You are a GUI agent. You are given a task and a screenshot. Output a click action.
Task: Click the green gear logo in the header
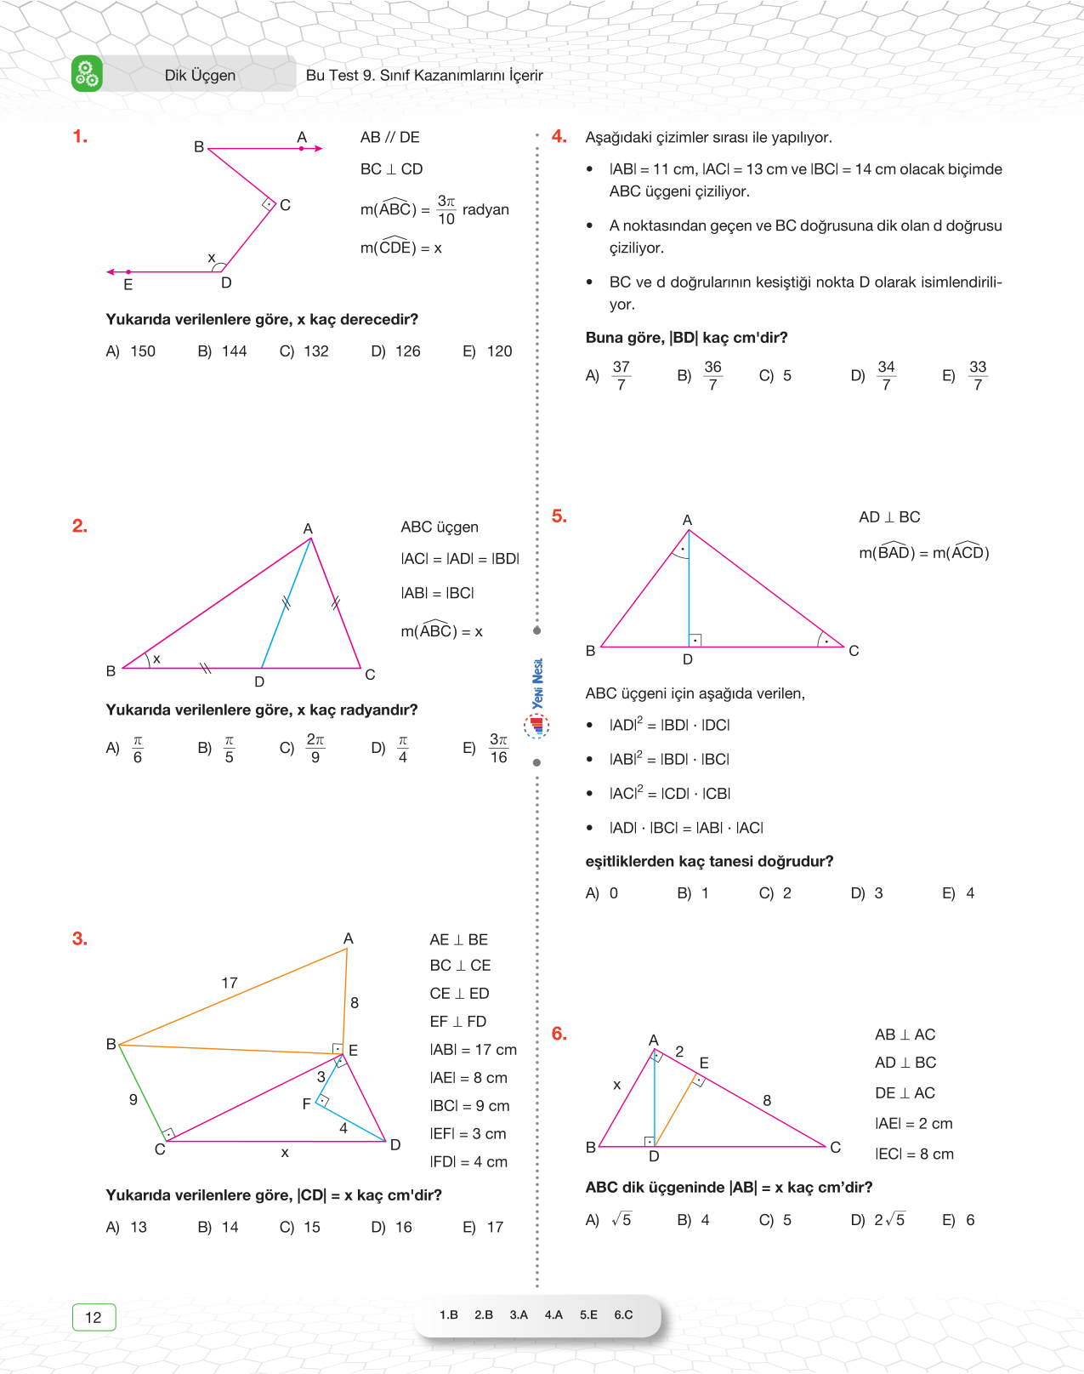[87, 74]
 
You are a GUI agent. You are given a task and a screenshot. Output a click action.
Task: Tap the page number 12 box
[94, 1317]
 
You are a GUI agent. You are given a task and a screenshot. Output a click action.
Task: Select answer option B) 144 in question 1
[223, 351]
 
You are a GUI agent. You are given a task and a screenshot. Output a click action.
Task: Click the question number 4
[559, 136]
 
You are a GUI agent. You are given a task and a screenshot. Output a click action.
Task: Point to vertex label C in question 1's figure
[286, 205]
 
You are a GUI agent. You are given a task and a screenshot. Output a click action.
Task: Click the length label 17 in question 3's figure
[230, 983]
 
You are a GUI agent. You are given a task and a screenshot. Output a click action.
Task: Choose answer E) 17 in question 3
[484, 1227]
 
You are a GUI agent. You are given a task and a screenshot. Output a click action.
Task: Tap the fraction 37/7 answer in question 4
[621, 375]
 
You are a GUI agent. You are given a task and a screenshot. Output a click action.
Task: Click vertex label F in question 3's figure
[307, 1103]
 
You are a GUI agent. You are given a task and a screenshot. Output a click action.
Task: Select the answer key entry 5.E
[588, 1314]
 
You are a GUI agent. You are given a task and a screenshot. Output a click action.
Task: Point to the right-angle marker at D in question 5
[695, 640]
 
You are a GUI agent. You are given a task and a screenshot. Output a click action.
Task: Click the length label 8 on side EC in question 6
[767, 1100]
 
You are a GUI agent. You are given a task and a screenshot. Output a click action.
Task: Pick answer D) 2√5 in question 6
[879, 1220]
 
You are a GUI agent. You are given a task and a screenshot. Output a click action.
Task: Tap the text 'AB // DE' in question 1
[389, 137]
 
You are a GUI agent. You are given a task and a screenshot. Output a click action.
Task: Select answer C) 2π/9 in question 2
[304, 748]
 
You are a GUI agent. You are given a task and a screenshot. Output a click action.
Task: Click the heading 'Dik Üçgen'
[200, 75]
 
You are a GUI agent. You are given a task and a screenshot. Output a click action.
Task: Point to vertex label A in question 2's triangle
[308, 528]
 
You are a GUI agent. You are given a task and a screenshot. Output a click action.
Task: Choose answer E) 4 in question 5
[959, 893]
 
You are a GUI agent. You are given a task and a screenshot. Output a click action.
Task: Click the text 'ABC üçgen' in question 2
[440, 527]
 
